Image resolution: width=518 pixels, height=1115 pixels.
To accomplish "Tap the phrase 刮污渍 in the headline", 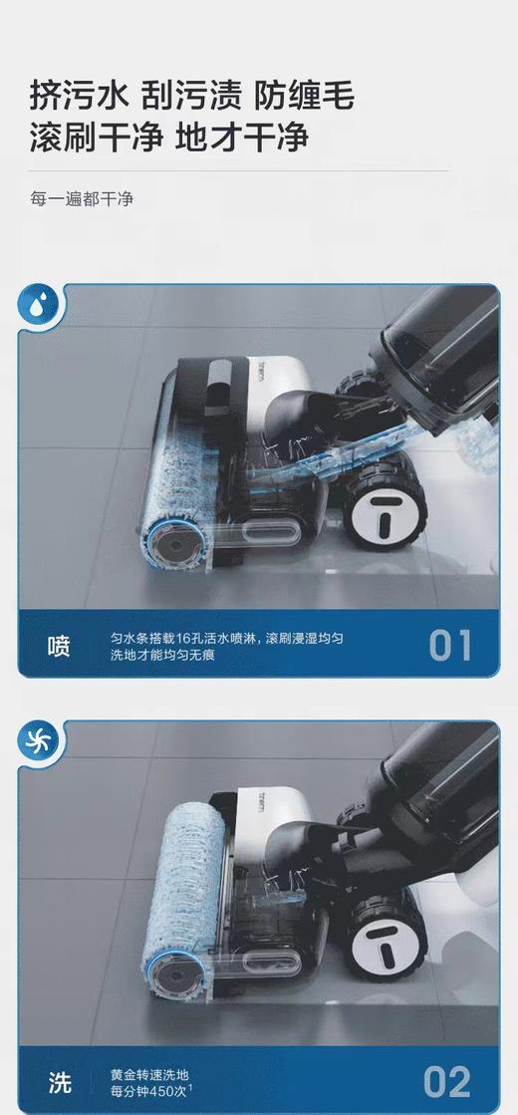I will pyautogui.click(x=190, y=97).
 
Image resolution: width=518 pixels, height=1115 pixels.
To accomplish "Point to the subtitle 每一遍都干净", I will pyautogui.click(x=81, y=198).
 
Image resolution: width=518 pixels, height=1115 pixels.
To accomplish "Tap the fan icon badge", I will pyautogui.click(x=41, y=741).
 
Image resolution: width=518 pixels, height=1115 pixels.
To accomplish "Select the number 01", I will pyautogui.click(x=450, y=646).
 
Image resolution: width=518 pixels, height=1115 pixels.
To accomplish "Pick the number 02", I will pyautogui.click(x=449, y=1080).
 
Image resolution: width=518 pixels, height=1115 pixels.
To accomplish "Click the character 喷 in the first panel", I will pyautogui.click(x=59, y=646).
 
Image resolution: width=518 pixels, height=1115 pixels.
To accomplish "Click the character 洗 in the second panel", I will pyautogui.click(x=59, y=1081).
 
